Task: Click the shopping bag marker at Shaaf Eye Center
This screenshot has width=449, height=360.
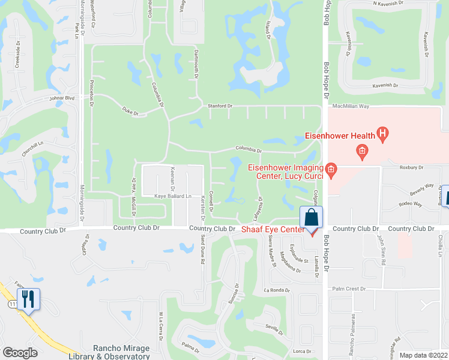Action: click(312, 218)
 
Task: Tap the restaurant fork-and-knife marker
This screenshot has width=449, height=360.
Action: click(28, 299)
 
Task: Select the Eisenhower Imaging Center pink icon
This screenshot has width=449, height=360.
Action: click(331, 171)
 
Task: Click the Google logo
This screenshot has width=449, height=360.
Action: click(20, 353)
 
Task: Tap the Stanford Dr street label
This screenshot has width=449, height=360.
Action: click(220, 106)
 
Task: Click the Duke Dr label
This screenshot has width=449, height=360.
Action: click(130, 111)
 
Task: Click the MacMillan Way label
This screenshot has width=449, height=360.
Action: click(352, 106)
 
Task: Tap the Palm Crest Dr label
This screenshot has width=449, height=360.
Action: click(348, 289)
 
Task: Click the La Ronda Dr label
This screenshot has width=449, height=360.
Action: click(276, 290)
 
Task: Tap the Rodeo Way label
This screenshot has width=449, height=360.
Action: click(410, 205)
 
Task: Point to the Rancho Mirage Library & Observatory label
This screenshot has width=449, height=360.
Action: click(113, 352)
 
